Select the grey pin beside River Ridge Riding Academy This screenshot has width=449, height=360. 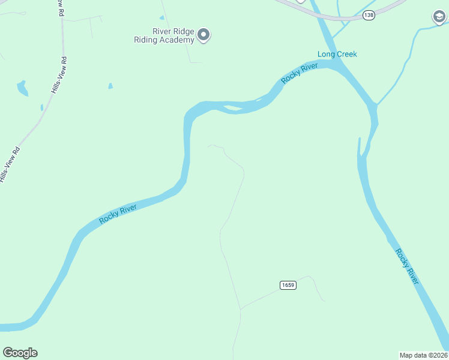204,35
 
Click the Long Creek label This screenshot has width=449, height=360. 337,55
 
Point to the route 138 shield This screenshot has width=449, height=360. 369,15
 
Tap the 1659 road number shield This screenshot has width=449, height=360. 288,285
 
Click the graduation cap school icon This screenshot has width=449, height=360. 439,17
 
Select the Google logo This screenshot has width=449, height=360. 20,353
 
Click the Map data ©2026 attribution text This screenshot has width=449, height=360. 423,355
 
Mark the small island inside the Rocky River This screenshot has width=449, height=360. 233,109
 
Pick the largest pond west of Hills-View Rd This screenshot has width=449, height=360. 22,88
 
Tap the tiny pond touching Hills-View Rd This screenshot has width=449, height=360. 41,107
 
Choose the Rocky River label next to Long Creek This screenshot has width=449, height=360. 300,73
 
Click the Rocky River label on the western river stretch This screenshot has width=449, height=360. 118,214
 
